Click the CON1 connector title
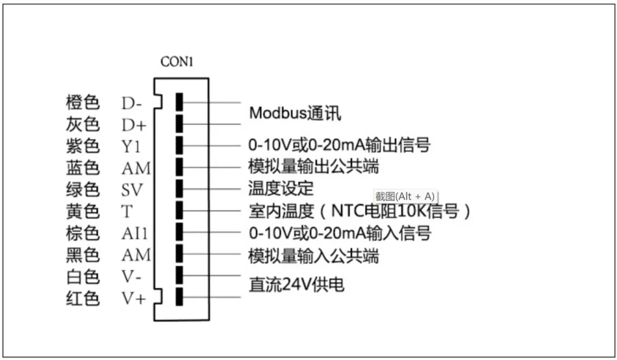click(x=177, y=62)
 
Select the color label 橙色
click(x=82, y=103)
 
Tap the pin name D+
click(x=134, y=123)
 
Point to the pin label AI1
click(x=136, y=233)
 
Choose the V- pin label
click(x=132, y=276)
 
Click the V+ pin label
click(x=134, y=300)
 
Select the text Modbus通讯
click(x=295, y=113)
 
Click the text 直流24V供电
click(x=296, y=285)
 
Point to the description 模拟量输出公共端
click(x=314, y=167)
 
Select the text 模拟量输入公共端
click(x=314, y=256)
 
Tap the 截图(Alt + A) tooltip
click(x=406, y=196)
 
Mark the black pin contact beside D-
click(x=179, y=102)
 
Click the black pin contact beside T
click(x=179, y=211)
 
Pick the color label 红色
click(x=82, y=300)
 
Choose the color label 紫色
click(x=82, y=146)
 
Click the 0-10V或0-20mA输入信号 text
click(x=340, y=233)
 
